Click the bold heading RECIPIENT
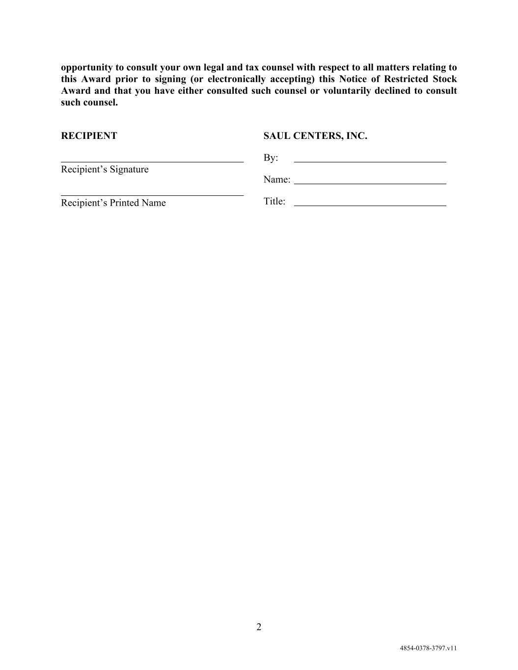pos(89,136)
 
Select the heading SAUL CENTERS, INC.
pos(315,136)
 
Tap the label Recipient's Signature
pos(105,169)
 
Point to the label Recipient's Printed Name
pos(113,203)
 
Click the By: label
pos(271,158)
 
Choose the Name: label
pos(277,180)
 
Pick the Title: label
pos(274,201)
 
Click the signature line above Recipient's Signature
pos(152,161)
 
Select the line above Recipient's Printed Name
pos(152,195)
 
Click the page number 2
pos(259,627)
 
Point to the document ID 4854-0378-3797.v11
pos(428,648)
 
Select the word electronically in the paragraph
pos(237,79)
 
